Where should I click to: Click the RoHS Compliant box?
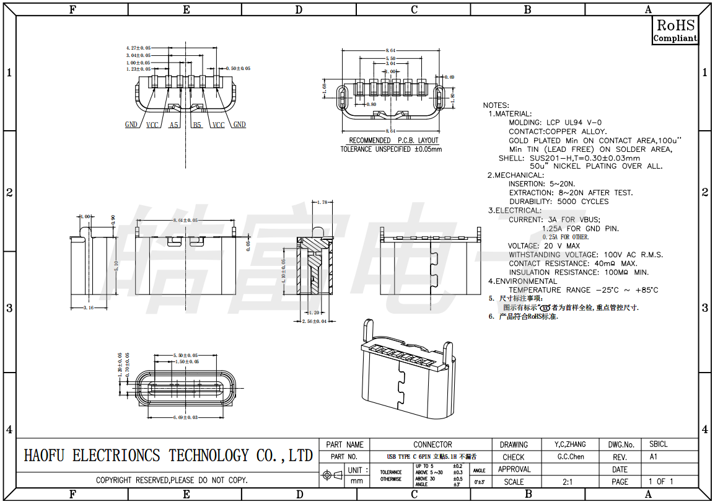pyautogui.click(x=675, y=30)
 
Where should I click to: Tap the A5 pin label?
pyautogui.click(x=174, y=125)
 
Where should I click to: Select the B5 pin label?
pyautogui.click(x=197, y=125)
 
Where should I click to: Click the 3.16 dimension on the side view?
pyautogui.click(x=88, y=307)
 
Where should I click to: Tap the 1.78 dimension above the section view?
pyautogui.click(x=322, y=203)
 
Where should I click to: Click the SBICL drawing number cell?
pyautogui.click(x=659, y=444)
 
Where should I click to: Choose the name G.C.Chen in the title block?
pyautogui.click(x=571, y=457)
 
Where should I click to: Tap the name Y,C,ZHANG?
pyautogui.click(x=571, y=444)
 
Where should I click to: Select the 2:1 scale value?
pyautogui.click(x=568, y=482)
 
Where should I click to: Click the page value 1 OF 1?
pyautogui.click(x=660, y=482)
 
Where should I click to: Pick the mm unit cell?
pyautogui.click(x=357, y=481)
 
